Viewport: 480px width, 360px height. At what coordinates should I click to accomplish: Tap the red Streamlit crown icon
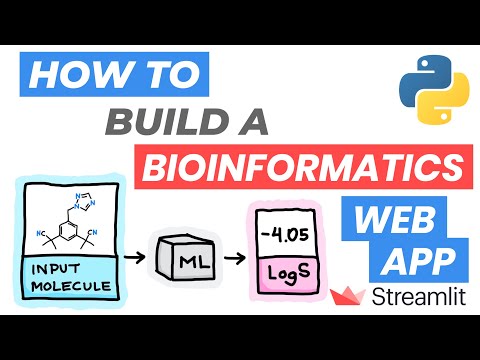click(350, 295)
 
